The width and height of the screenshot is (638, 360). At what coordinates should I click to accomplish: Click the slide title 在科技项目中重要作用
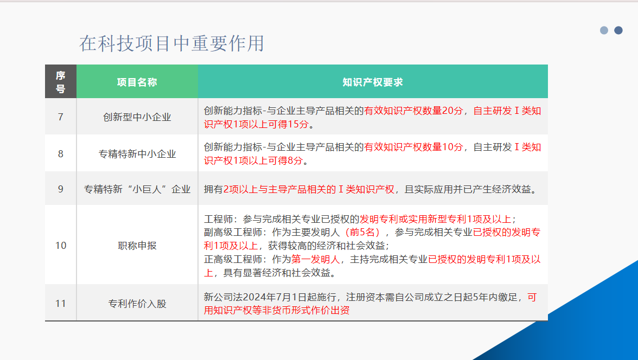(x=171, y=43)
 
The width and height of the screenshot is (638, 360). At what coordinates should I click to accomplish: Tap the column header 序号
(x=61, y=82)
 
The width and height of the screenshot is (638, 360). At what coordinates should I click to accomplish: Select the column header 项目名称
(x=137, y=82)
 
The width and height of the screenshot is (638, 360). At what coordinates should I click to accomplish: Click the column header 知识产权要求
(x=373, y=82)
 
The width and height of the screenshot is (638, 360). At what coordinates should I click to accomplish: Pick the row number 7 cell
(x=61, y=117)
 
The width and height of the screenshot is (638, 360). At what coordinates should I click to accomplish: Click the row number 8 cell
(x=61, y=154)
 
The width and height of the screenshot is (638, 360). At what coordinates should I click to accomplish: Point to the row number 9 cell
(x=61, y=189)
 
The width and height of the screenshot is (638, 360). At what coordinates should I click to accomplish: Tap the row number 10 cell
(x=61, y=245)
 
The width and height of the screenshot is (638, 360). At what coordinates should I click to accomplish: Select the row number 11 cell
(x=61, y=304)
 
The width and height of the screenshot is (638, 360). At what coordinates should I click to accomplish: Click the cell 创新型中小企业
(x=137, y=117)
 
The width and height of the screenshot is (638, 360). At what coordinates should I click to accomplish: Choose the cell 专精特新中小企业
(x=137, y=154)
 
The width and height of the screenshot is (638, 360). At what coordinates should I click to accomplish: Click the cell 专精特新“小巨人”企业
(x=137, y=189)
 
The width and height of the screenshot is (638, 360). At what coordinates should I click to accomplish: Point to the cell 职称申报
(x=137, y=245)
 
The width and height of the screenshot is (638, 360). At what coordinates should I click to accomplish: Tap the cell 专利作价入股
(x=137, y=304)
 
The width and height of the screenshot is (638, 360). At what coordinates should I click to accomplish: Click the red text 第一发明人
(x=315, y=259)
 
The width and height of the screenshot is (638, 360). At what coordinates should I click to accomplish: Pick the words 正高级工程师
(x=233, y=259)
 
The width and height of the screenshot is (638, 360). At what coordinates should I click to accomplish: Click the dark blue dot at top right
(x=618, y=30)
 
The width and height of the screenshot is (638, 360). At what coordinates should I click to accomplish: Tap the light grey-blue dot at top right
(x=604, y=30)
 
